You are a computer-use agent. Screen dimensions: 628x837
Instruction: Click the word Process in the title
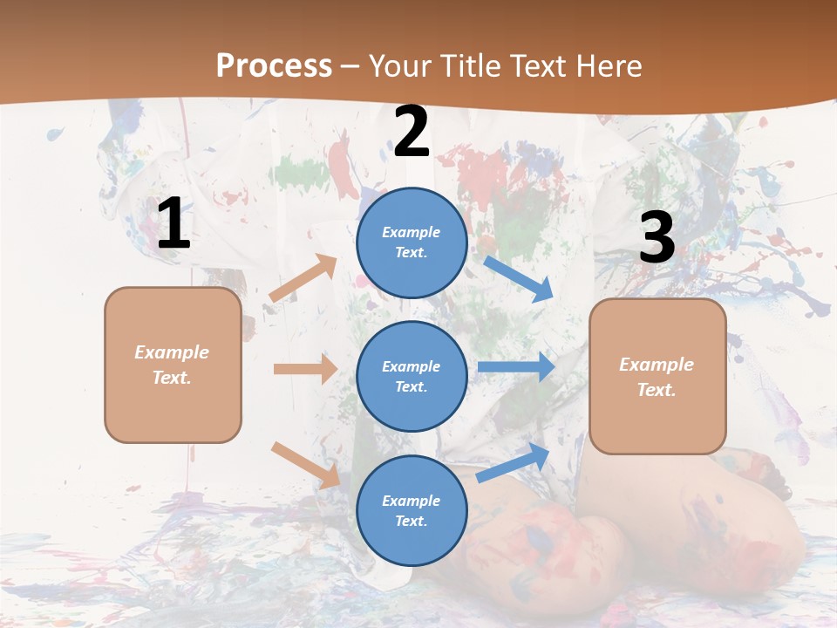click(274, 66)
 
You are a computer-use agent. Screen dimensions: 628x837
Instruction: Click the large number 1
click(174, 224)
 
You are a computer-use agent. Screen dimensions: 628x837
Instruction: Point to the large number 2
click(412, 133)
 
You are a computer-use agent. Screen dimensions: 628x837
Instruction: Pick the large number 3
click(657, 237)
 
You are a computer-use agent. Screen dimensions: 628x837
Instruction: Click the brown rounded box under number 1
click(173, 365)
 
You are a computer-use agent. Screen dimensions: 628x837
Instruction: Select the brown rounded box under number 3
click(657, 376)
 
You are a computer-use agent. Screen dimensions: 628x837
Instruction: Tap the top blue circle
click(412, 242)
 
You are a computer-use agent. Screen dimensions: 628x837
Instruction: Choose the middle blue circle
click(412, 376)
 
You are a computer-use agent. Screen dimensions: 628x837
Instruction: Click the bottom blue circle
click(412, 510)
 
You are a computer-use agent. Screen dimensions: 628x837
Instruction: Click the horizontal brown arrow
click(305, 369)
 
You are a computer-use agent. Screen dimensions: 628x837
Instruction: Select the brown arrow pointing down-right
click(305, 465)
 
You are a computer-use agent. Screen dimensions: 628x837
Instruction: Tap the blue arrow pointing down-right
click(518, 278)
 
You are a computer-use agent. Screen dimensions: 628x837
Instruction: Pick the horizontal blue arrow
click(516, 366)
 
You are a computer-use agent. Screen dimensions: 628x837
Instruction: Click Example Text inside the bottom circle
click(412, 510)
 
